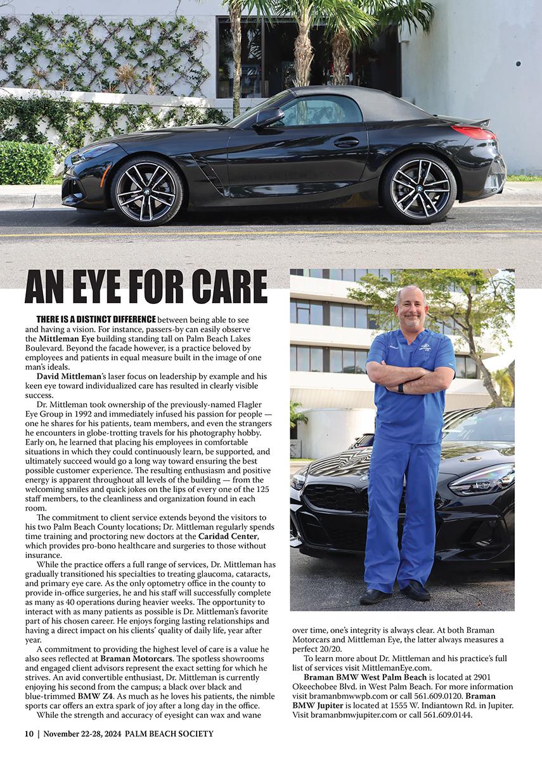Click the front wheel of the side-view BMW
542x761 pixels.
(147, 190)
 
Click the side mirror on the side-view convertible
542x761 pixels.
(269, 117)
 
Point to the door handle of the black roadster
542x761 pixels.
(346, 142)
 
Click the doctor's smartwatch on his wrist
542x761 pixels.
(400, 388)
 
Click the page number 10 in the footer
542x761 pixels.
(29, 734)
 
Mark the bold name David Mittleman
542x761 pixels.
(63, 377)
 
